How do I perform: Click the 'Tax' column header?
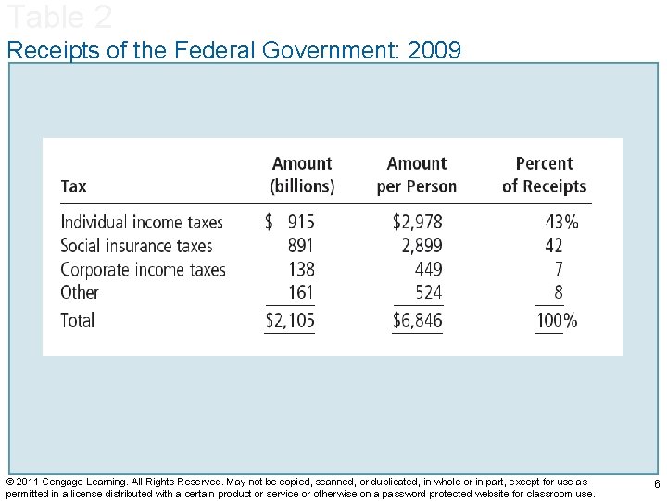[x=73, y=186]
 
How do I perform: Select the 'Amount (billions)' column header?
[x=302, y=174]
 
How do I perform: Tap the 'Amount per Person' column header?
[x=417, y=174]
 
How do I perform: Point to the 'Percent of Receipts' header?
[x=544, y=174]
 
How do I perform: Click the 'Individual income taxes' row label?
[x=142, y=222]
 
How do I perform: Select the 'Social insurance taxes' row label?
[x=136, y=246]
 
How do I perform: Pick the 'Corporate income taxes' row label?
[x=143, y=269]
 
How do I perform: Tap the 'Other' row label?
[x=79, y=292]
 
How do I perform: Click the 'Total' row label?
[x=77, y=320]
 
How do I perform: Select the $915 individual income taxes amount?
[x=290, y=222]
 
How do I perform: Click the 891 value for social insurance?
[x=300, y=246]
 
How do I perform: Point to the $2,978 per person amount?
[x=417, y=222]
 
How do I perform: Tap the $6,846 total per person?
[x=417, y=320]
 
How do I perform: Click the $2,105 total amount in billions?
[x=290, y=320]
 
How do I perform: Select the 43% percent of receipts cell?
[x=561, y=222]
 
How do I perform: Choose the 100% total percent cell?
[x=557, y=320]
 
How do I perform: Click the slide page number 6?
[x=656, y=485]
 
